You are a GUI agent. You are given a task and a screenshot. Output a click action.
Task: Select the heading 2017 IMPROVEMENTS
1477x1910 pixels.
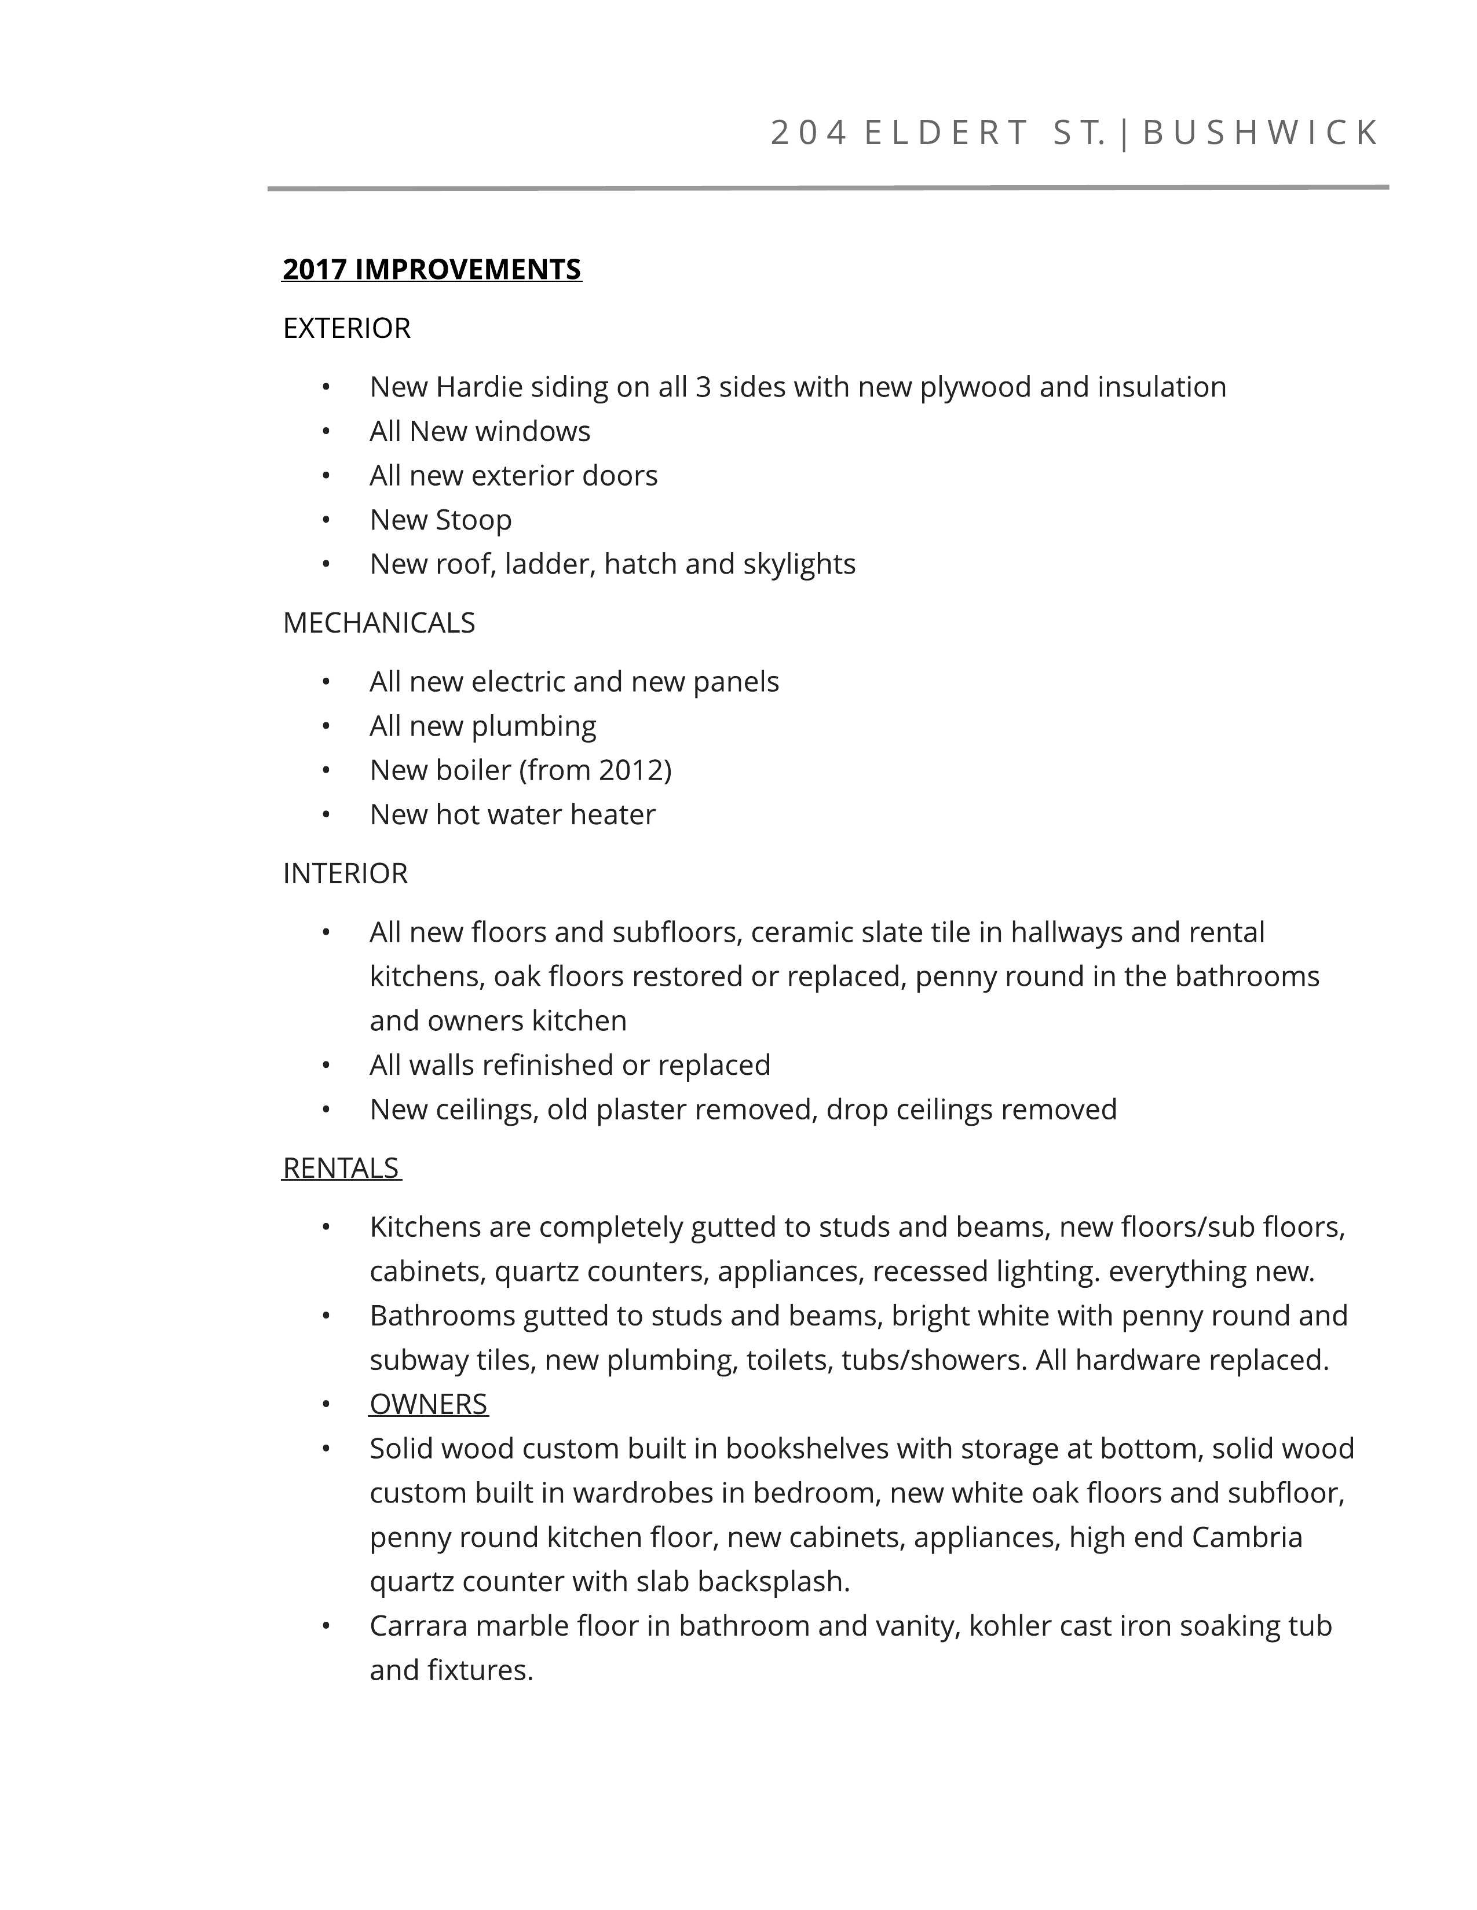click(432, 269)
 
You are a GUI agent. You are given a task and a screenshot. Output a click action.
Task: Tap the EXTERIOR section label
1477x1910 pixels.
click(346, 328)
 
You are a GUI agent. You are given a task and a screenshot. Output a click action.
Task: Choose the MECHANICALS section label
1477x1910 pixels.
click(379, 623)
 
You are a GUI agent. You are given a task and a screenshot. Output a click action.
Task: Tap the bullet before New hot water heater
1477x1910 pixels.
click(326, 815)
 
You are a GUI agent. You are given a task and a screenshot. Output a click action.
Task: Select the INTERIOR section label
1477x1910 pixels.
click(345, 873)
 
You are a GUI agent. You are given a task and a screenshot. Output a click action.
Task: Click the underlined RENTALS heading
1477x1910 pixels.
click(341, 1169)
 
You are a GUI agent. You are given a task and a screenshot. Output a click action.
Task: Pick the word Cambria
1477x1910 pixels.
click(1247, 1537)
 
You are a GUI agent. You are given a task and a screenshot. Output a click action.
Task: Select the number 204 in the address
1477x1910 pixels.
click(809, 133)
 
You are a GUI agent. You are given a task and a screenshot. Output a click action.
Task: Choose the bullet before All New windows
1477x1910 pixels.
click(326, 432)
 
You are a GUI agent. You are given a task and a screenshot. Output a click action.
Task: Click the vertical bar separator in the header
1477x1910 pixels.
click(1124, 133)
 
